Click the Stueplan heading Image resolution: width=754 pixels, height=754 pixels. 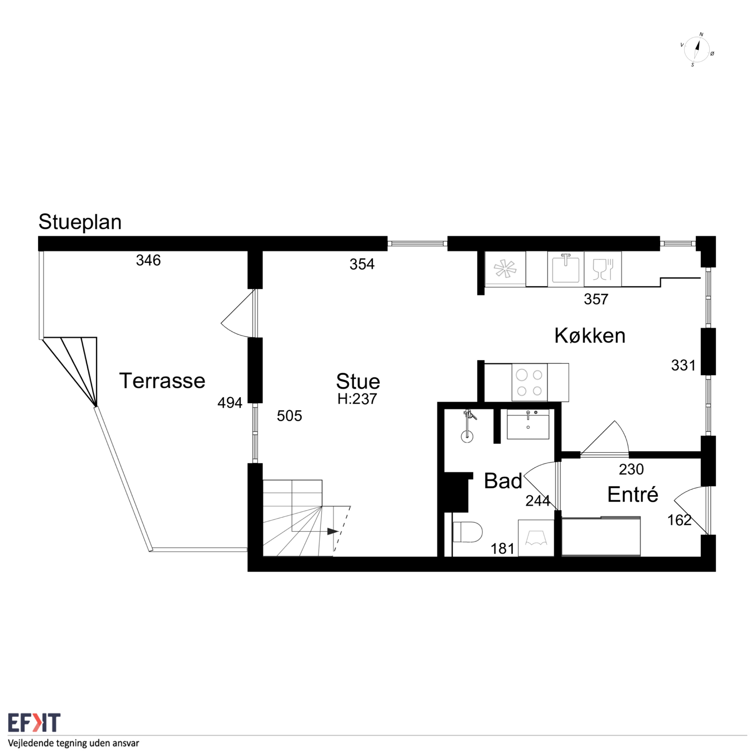[x=80, y=222]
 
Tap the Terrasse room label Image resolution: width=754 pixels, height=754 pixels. [x=162, y=380]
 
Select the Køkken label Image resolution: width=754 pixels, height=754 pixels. [x=590, y=336]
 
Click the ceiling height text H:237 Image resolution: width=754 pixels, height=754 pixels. [x=357, y=399]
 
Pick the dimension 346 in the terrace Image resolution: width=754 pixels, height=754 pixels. [x=148, y=260]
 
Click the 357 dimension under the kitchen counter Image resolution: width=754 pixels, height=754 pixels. [x=596, y=299]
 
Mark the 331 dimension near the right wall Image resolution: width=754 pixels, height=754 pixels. [x=683, y=366]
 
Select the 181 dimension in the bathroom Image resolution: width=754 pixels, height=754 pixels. [x=502, y=549]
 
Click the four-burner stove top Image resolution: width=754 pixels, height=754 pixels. [x=529, y=383]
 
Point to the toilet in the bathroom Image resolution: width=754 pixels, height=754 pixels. [x=467, y=532]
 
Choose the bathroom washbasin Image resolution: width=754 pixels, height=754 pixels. [x=528, y=424]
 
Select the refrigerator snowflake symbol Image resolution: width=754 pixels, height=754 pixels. [x=505, y=269]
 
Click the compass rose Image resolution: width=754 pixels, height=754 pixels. [x=697, y=50]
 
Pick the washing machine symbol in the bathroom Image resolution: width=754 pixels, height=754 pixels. [x=536, y=538]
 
